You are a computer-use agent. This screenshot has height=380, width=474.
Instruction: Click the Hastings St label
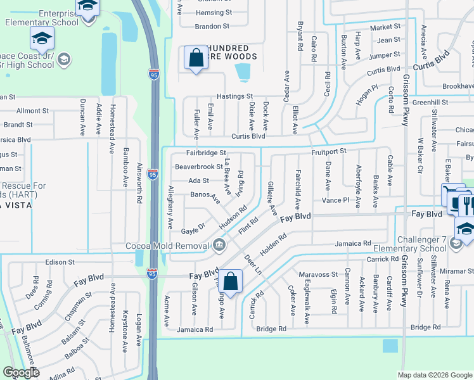[x=234, y=96]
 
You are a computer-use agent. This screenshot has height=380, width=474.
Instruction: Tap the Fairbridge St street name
[x=206, y=153]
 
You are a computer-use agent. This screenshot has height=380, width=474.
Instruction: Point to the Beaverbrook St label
[x=198, y=167]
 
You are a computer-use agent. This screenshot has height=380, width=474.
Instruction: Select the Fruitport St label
[x=328, y=151]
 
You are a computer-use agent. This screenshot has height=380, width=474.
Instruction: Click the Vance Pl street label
[x=335, y=199]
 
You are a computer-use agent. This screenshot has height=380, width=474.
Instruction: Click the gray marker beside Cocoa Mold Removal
[x=219, y=244]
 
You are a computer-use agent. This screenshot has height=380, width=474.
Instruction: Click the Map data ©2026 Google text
[x=434, y=375]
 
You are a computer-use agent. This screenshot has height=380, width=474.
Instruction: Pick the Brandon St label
[x=212, y=27]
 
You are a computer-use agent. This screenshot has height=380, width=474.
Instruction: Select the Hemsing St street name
[x=214, y=13]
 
